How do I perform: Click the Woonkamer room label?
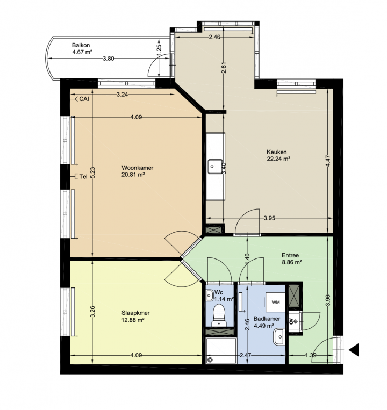pyautogui.click(x=137, y=168)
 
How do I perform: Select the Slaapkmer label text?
pyautogui.click(x=135, y=313)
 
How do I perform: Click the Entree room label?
pyautogui.click(x=290, y=255)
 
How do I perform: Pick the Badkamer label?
pyautogui.click(x=267, y=319)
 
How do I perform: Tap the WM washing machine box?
pyautogui.click(x=276, y=303)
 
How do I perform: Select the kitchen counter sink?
pyautogui.click(x=215, y=167)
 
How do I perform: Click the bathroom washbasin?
pyautogui.click(x=279, y=337)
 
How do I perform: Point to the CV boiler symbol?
pyautogui.click(x=293, y=321)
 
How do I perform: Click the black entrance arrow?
pyautogui.click(x=354, y=350)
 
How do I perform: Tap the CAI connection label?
pyautogui.click(x=84, y=99)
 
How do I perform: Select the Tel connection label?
pyautogui.click(x=83, y=177)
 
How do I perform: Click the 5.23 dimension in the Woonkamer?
pyautogui.click(x=92, y=173)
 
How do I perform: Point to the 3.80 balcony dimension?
pyautogui.click(x=109, y=59)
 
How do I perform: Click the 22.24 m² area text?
pyautogui.click(x=279, y=159)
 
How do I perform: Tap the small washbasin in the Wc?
pyautogui.click(x=210, y=296)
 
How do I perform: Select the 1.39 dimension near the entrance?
pyautogui.click(x=311, y=355)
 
